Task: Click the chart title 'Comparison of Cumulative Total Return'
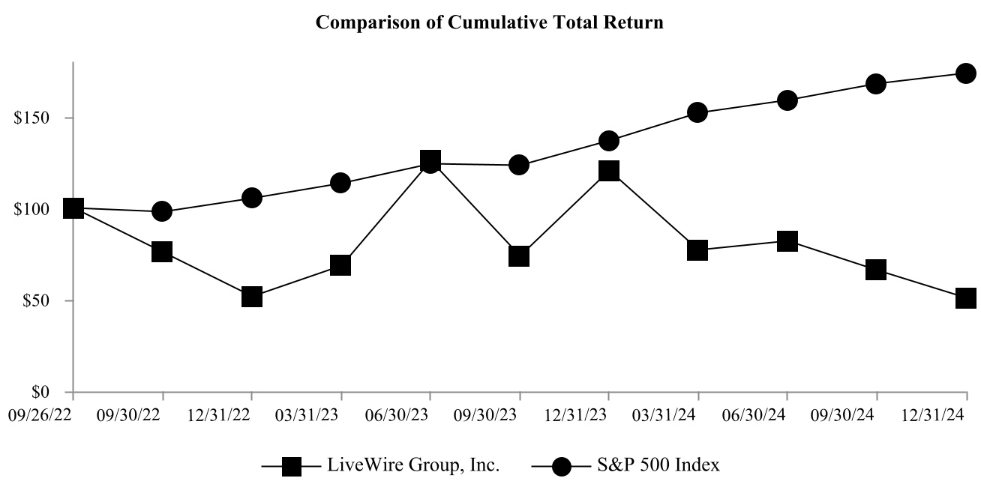click(490, 22)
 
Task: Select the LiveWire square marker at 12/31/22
click(252, 297)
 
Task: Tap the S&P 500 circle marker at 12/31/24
click(966, 73)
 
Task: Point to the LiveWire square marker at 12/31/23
click(609, 171)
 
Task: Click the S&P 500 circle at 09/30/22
click(162, 211)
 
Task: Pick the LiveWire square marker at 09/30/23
click(519, 256)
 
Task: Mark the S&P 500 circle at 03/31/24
click(697, 112)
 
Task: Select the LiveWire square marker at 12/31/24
click(966, 298)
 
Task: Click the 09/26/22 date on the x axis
click(41, 414)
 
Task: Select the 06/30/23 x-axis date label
click(430, 414)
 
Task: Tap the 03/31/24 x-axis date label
click(697, 414)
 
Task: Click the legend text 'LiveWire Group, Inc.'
click(413, 465)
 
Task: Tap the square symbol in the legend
click(291, 467)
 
